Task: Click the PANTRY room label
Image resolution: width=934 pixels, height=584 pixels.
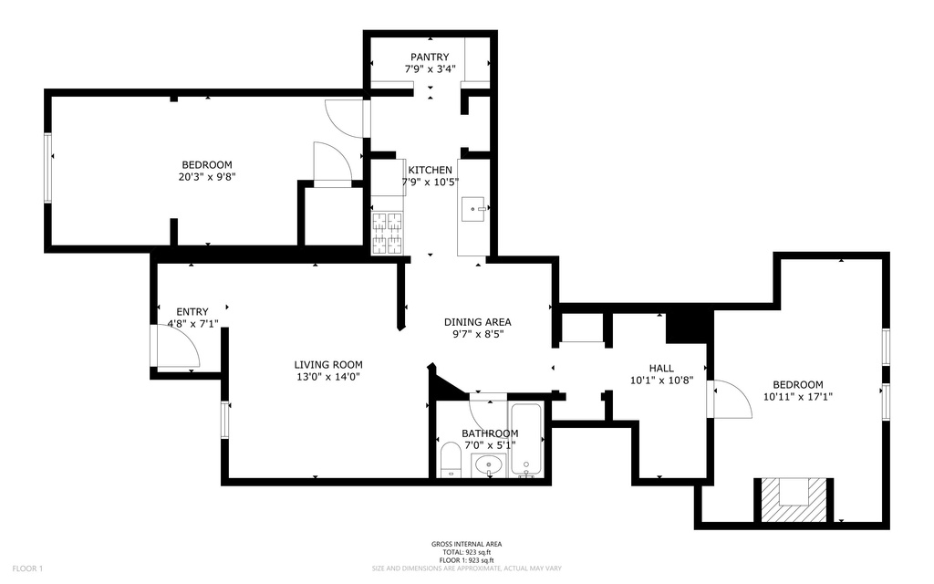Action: click(430, 57)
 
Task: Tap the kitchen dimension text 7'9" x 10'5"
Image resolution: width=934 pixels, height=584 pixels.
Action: click(430, 182)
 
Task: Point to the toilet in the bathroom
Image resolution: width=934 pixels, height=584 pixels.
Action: click(451, 460)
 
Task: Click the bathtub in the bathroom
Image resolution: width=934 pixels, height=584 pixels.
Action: click(527, 440)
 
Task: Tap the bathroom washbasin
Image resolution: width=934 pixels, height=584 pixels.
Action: click(491, 465)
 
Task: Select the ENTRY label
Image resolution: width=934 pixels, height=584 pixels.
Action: click(192, 311)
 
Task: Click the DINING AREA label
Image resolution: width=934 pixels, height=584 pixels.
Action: click(477, 322)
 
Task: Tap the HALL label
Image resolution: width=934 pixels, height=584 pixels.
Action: click(661, 368)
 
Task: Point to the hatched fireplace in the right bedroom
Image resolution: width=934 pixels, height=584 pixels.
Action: click(791, 499)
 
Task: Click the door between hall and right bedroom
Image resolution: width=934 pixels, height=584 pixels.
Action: click(730, 399)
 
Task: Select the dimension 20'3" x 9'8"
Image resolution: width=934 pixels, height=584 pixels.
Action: click(207, 177)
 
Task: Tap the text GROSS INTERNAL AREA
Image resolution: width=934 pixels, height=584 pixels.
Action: click(466, 544)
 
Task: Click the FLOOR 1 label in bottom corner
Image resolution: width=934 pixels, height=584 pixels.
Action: click(28, 568)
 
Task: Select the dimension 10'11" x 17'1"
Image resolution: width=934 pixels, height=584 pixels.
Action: click(797, 397)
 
